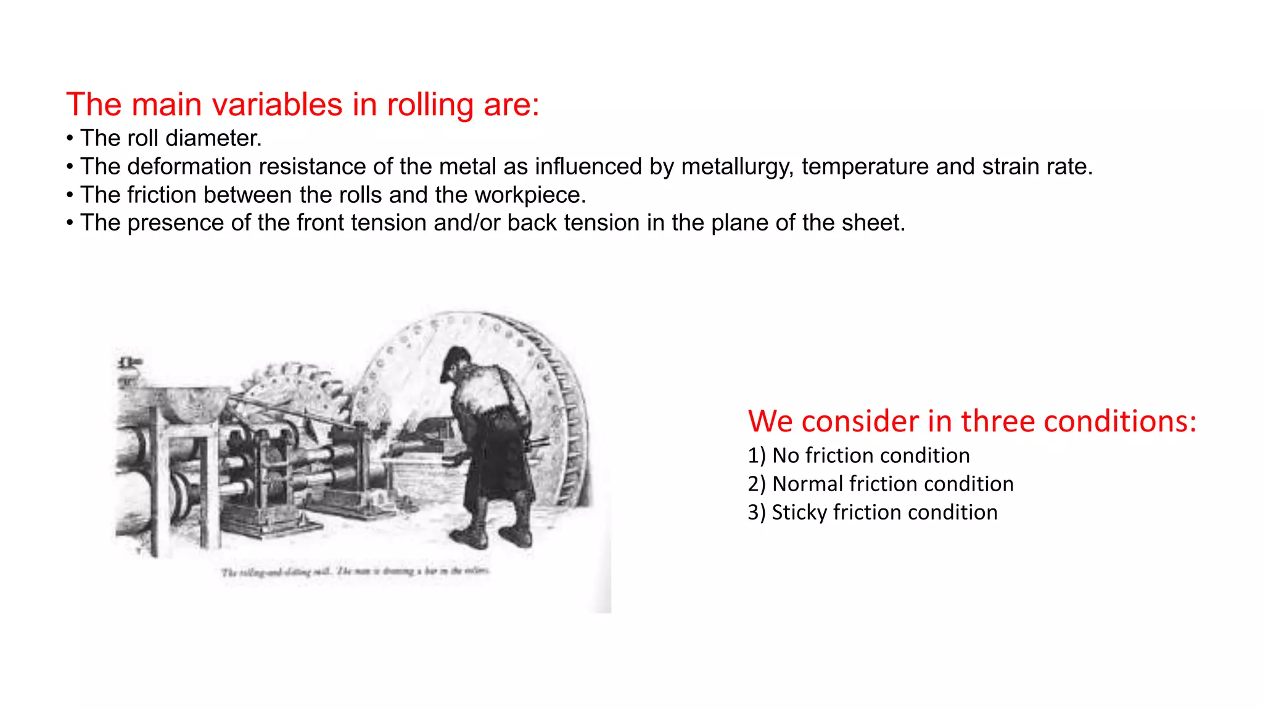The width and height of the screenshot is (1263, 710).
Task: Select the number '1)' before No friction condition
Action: pos(757,455)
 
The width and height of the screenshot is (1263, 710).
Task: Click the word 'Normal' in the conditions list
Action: pos(807,484)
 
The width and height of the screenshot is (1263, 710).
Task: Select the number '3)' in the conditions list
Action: pos(757,512)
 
